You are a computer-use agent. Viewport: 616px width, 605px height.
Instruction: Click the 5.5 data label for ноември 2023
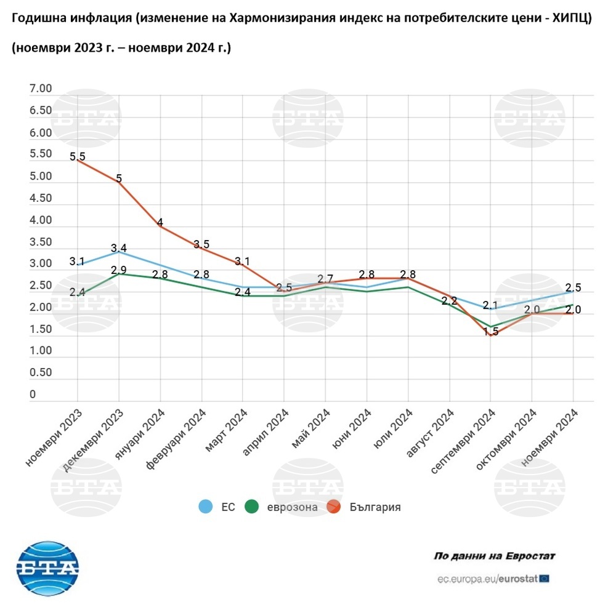pos(77,157)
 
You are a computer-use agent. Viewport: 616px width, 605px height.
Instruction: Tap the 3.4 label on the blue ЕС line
pos(119,249)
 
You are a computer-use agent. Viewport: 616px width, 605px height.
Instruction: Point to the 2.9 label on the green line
pos(119,270)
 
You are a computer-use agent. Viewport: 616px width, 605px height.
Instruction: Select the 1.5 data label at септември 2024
pos(491,332)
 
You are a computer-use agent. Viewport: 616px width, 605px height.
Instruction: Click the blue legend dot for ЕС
pos(206,507)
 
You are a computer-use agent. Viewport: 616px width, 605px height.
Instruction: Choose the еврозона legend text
pos(293,507)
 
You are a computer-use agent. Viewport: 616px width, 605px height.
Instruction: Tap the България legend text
pos(375,507)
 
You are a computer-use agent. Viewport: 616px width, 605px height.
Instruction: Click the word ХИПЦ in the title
pos(571,19)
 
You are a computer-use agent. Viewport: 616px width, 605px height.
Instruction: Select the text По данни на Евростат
pos(495,556)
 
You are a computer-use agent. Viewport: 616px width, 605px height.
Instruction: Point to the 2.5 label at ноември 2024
pos(573,287)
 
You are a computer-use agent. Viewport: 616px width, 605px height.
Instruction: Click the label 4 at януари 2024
pos(160,223)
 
